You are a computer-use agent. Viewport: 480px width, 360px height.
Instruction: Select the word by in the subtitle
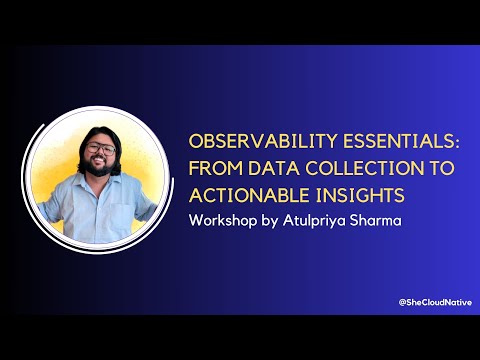coord(273,218)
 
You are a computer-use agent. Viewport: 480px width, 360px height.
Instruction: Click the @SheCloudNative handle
coord(433,302)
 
